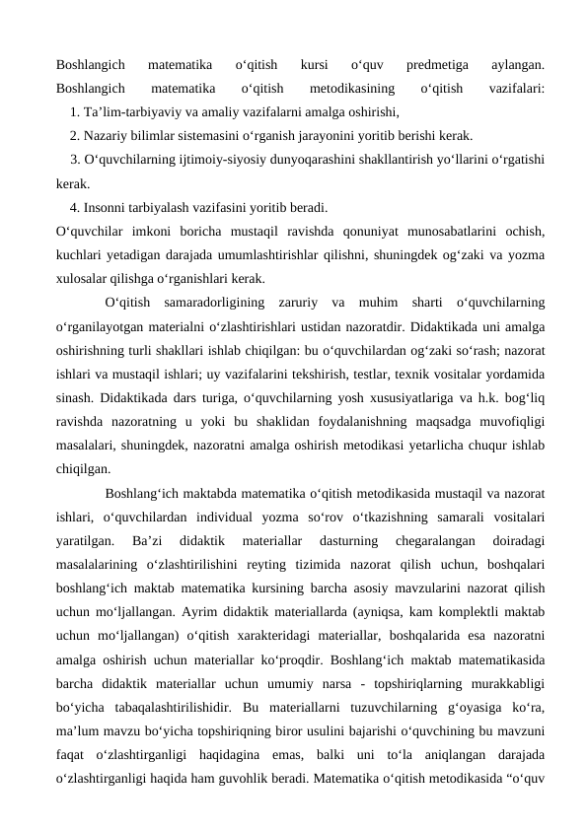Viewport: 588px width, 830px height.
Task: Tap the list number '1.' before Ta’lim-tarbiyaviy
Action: tap(75, 111)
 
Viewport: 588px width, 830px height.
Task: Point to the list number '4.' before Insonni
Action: tap(75, 207)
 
